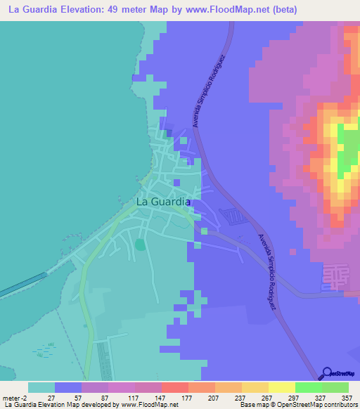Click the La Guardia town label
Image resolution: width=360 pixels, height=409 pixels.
162,201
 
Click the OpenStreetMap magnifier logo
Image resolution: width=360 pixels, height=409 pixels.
328,373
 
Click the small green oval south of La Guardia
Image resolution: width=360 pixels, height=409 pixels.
139,245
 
